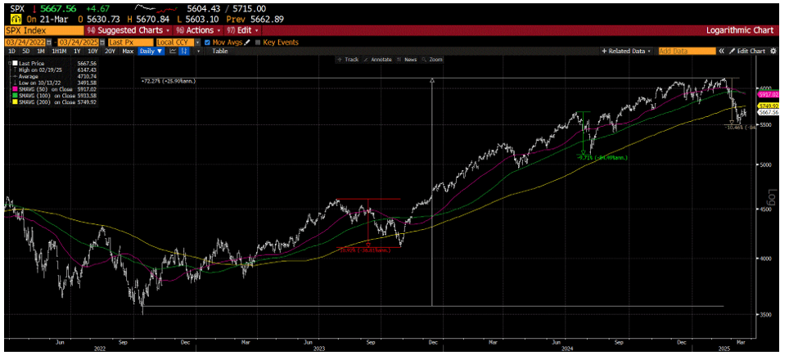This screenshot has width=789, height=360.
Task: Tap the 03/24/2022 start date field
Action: coord(25,42)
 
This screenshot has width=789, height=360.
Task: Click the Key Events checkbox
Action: coord(258,42)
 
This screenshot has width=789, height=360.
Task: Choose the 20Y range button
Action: coord(110,51)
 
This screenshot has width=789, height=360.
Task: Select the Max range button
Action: coord(127,51)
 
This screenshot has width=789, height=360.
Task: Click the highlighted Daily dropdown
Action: coord(150,51)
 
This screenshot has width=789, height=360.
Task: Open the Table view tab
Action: coord(220,51)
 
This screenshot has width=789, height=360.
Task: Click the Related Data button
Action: coord(627,51)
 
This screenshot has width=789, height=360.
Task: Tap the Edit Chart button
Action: coord(748,51)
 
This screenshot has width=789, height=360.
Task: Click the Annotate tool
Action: coord(381,60)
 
